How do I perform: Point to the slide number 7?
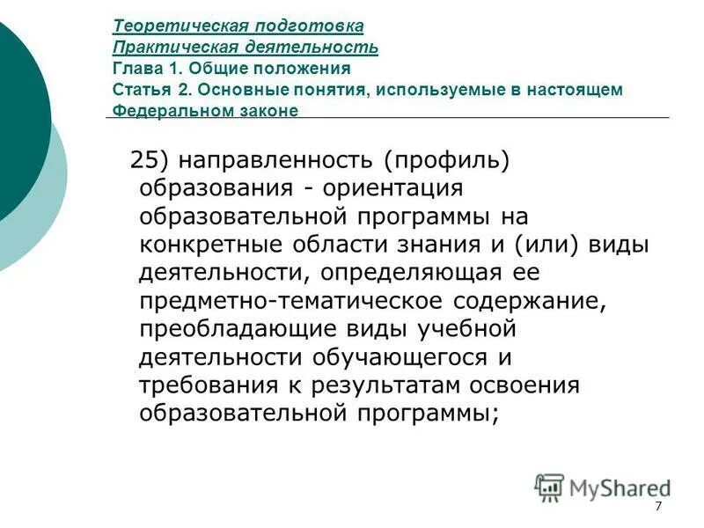pos(657,509)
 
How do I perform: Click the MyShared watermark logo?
pos(603,488)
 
